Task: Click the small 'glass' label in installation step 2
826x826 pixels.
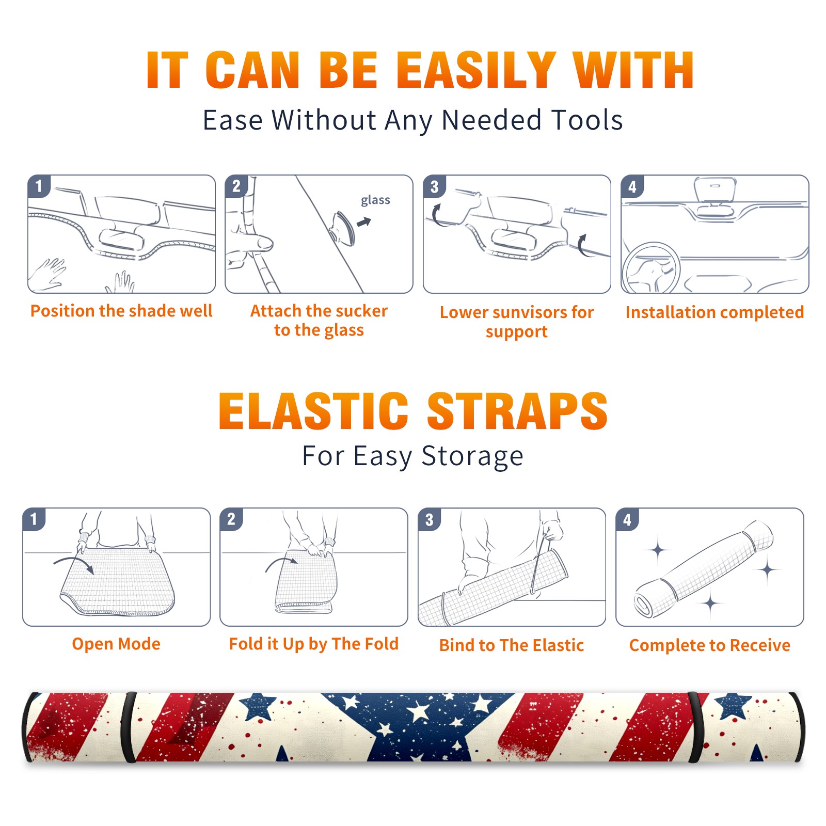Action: pos(375,200)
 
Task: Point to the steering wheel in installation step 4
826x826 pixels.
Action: pos(651,267)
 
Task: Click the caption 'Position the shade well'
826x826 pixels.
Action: pos(121,311)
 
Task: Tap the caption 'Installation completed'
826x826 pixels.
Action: pos(714,312)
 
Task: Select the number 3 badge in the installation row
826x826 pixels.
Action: pos(434,186)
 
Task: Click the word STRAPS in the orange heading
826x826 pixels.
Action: pos(517,411)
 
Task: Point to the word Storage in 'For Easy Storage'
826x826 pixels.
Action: pos(472,456)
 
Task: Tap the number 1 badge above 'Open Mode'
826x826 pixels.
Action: pos(34,519)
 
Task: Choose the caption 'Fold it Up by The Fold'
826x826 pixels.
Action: pos(314,644)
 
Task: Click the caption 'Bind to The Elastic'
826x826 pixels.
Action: pos(512,645)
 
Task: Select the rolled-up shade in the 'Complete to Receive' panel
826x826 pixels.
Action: pos(703,569)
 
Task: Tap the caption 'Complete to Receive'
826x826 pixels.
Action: pos(710,645)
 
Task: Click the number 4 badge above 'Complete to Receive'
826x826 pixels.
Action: pos(627,519)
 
